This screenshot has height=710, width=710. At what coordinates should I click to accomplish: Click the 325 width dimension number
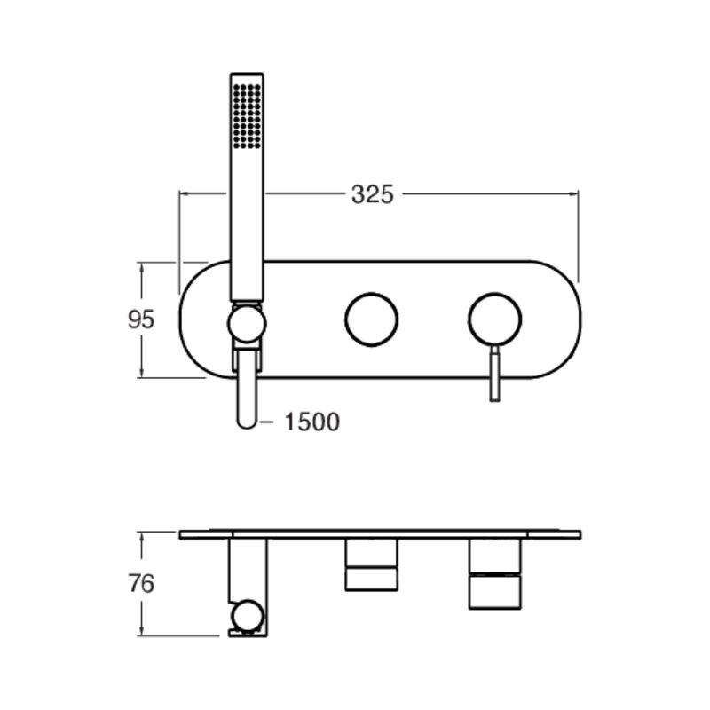[x=372, y=195]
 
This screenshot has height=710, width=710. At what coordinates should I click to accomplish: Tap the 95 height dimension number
[x=141, y=319]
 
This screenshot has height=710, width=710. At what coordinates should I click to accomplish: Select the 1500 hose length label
[x=312, y=422]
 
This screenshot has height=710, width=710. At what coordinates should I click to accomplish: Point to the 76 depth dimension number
[x=141, y=583]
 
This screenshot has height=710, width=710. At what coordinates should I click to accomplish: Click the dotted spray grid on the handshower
[x=247, y=116]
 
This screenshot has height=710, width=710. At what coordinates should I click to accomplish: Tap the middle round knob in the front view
[x=371, y=319]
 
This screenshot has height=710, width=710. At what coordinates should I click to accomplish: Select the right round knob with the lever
[x=495, y=319]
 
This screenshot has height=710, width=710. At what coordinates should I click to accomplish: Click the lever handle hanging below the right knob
[x=495, y=373]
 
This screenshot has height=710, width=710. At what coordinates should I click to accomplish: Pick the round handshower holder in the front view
[x=247, y=323]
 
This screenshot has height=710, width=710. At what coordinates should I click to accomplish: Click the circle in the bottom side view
[x=247, y=616]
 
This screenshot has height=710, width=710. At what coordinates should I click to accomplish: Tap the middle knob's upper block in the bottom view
[x=371, y=552]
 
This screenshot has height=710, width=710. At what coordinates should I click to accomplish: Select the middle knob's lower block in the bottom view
[x=371, y=580]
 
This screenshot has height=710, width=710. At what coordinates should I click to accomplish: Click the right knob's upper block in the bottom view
[x=495, y=556]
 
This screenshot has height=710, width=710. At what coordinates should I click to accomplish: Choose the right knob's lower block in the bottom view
[x=495, y=592]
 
